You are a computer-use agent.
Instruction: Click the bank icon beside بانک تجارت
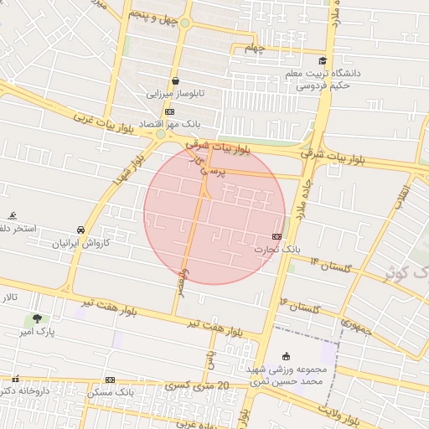click(277, 237)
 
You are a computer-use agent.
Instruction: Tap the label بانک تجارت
click(280, 250)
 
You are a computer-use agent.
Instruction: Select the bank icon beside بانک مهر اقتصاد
click(169, 111)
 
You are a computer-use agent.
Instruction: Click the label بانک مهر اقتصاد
click(163, 124)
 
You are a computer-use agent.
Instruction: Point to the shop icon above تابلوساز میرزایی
click(175, 81)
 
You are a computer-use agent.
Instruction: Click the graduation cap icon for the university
click(323, 60)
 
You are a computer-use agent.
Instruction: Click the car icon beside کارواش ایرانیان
click(80, 230)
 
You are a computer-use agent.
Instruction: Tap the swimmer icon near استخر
click(12, 215)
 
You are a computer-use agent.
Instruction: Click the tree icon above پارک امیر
click(36, 318)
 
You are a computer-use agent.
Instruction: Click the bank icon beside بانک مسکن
click(110, 380)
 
